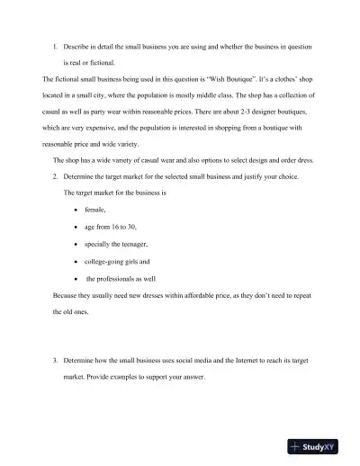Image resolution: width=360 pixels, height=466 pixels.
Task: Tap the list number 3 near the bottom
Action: coord(54,360)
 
